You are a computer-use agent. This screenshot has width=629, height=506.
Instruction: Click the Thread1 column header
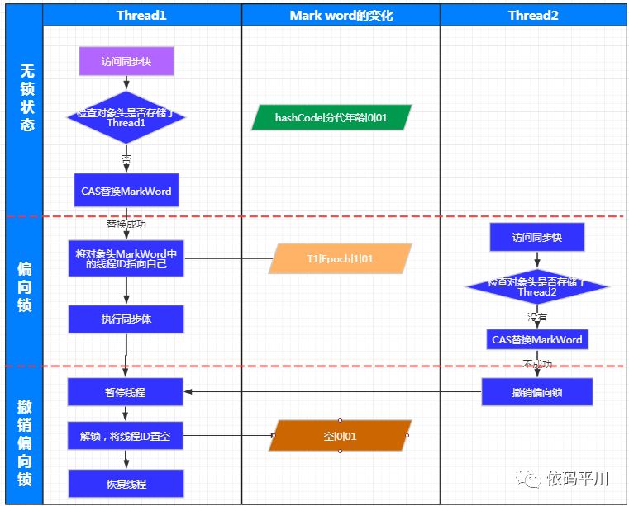coord(142,15)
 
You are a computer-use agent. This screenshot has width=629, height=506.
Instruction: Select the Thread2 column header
coord(532,15)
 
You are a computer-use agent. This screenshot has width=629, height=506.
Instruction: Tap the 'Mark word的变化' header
coord(341,15)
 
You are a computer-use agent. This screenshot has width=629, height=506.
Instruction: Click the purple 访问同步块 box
coord(126,61)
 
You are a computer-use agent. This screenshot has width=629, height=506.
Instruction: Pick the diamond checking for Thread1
coord(126,117)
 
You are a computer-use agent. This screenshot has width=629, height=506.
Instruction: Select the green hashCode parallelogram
coord(331,118)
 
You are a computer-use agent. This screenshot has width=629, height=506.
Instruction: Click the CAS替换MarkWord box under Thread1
coord(126,191)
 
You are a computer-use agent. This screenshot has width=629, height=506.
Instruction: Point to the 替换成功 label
coord(126,223)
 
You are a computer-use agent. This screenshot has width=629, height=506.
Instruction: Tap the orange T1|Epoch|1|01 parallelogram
coord(341,258)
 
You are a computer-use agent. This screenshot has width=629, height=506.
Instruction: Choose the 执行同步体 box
coord(126,319)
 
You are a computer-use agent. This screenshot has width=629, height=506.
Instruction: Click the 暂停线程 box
coord(126,392)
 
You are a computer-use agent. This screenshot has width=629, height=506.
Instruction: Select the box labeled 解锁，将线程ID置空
coord(126,436)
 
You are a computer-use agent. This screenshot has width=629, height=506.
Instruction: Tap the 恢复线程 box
coord(126,483)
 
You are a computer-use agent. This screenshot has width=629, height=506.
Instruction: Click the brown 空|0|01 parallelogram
coord(340,436)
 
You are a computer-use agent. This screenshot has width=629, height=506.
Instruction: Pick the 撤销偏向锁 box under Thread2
coord(537,392)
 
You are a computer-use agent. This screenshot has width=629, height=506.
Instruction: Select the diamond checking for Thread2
coord(537,286)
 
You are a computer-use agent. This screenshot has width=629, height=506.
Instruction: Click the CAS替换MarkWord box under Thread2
coord(537,339)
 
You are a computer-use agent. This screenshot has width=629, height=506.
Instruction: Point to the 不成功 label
coord(537,363)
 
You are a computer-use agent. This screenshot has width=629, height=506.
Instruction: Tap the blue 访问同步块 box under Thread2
coord(537,237)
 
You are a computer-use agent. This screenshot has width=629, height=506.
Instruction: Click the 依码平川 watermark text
coord(578,479)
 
